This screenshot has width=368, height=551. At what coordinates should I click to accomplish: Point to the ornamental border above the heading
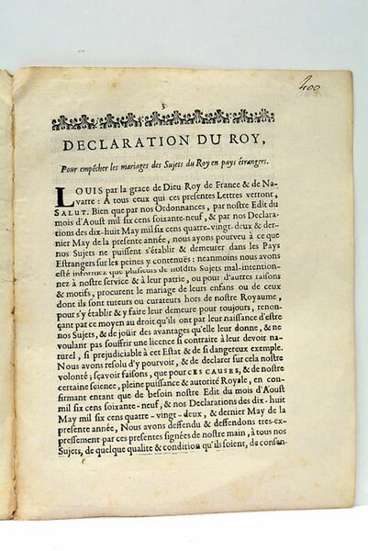[x=163, y=119]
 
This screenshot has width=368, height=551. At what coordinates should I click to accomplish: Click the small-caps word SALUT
[x=72, y=212]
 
